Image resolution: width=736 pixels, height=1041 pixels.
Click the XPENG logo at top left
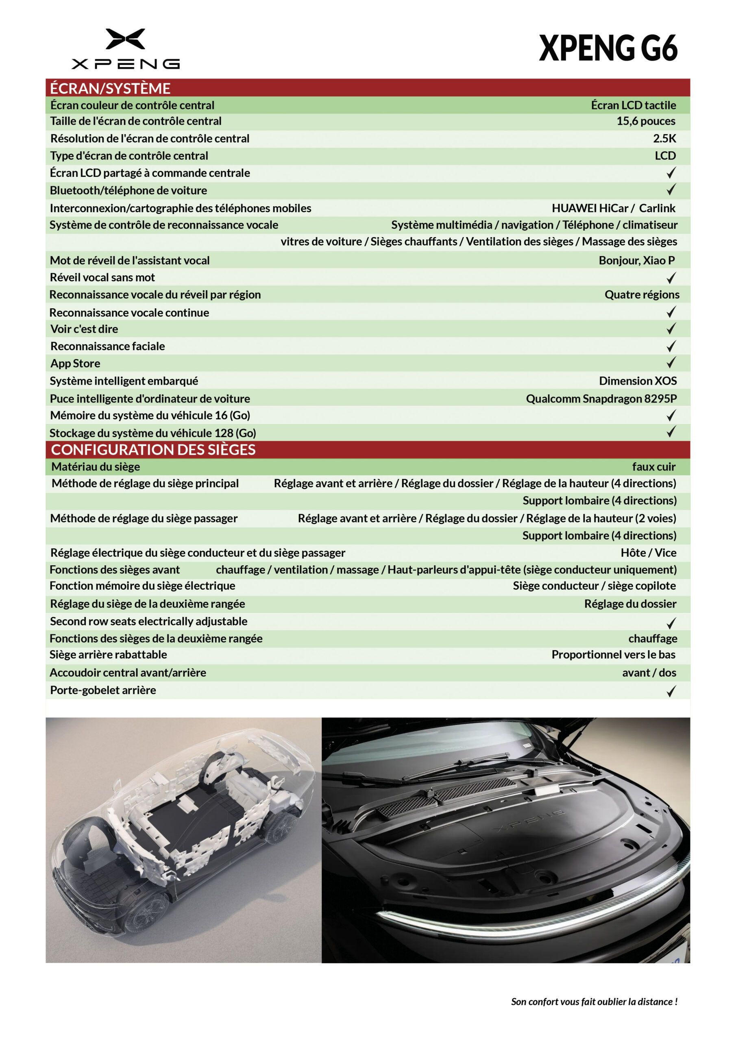point(125,48)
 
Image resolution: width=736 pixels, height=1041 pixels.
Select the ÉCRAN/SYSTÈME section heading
point(110,88)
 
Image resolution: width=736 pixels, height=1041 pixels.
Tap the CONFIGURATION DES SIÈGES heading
point(153,449)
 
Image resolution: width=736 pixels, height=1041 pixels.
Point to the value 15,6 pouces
point(645,121)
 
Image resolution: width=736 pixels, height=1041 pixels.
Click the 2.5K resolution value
point(664,138)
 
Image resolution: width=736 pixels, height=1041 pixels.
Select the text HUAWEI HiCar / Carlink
point(613,208)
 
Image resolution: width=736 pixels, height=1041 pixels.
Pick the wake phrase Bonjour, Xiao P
point(636,260)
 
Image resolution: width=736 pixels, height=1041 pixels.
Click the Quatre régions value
point(642,295)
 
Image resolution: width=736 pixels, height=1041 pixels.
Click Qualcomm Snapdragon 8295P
point(601,399)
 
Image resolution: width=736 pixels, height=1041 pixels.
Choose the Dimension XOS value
point(638,381)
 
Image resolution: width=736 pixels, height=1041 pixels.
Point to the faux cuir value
point(653,466)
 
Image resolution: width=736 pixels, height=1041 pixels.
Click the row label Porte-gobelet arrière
point(103,690)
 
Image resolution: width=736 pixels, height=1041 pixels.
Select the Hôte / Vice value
point(648,553)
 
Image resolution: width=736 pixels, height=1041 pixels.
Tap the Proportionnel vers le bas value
point(613,655)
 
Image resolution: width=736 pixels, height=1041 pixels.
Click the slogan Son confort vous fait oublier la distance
point(594,1002)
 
